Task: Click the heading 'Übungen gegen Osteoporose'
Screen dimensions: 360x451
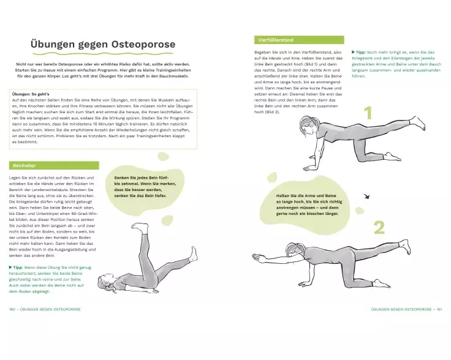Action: click(103, 45)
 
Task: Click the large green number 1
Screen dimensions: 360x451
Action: click(368, 113)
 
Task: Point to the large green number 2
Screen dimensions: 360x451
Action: click(379, 227)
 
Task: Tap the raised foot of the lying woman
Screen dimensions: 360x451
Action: click(143, 228)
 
